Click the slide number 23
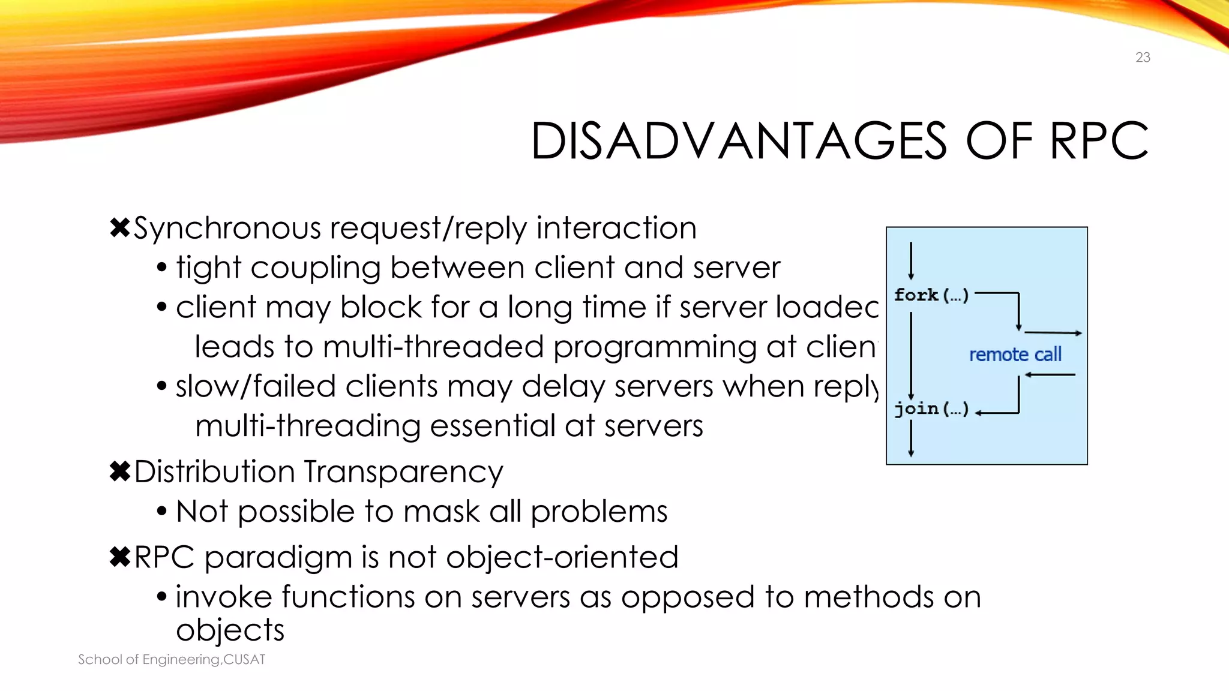[1143, 58]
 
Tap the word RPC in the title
[1099, 142]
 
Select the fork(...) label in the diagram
[931, 295]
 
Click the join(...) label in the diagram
[931, 409]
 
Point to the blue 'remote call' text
[1015, 354]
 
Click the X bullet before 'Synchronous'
[120, 228]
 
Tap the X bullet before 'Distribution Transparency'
[120, 471]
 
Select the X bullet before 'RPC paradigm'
[120, 557]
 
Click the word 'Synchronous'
[227, 229]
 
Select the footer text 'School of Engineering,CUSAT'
[172, 659]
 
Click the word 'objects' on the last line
[230, 630]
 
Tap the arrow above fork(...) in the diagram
[911, 260]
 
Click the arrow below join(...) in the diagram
[911, 438]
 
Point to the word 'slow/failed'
[256, 386]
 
